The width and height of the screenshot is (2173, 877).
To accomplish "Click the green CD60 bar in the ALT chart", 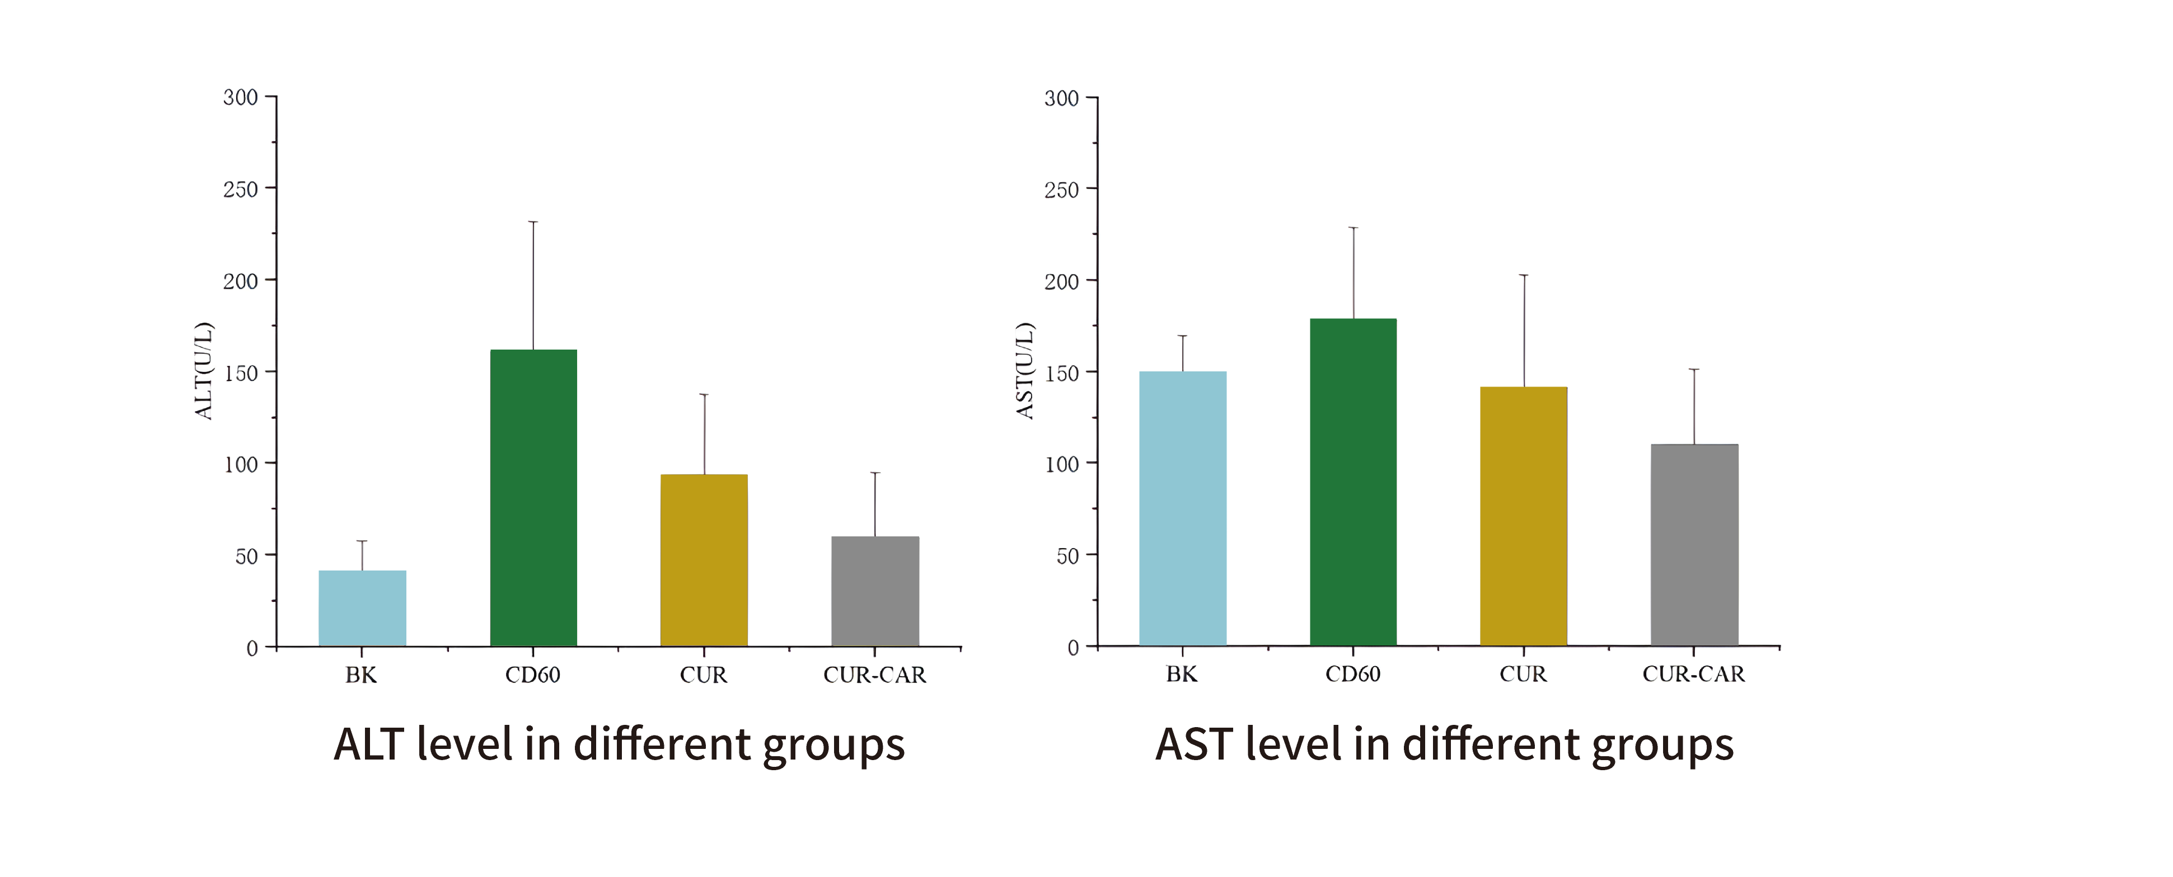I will click(533, 498).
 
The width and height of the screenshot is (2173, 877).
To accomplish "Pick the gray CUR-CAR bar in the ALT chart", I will click(875, 591).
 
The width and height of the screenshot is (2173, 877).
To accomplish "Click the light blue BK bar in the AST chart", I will click(1183, 508).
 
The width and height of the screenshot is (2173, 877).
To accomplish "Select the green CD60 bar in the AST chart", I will click(1353, 482).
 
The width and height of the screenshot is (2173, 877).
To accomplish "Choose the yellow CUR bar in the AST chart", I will click(1524, 516).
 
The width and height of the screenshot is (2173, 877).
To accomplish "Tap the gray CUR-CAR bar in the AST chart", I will click(1694, 545).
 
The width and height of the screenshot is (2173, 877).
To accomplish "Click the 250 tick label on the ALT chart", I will click(240, 190).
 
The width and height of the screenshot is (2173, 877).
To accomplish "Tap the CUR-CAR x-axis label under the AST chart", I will click(1693, 675).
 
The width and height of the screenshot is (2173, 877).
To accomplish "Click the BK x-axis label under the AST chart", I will click(1181, 675).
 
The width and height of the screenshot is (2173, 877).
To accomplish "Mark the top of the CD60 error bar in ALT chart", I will click(533, 222).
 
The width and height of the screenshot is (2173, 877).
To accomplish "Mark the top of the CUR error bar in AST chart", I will click(1524, 275).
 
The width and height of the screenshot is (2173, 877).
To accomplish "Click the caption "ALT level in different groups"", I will click(619, 744).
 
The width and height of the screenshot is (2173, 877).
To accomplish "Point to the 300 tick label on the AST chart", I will click(1061, 98).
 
